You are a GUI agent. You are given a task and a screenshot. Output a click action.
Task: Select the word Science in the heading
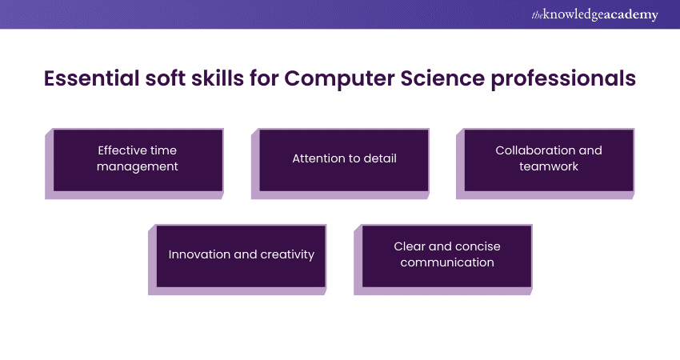click(442, 79)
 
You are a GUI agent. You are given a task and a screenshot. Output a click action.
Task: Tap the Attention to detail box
click(344, 159)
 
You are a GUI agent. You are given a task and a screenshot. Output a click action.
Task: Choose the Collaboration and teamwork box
click(549, 159)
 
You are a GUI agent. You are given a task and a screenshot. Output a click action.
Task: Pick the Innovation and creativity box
click(241, 255)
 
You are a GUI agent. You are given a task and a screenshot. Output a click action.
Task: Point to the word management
click(138, 167)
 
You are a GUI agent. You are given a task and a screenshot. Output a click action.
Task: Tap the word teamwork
click(549, 167)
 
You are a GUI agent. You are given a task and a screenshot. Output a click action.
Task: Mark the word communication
click(447, 262)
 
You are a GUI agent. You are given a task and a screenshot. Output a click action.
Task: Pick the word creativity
click(288, 254)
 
